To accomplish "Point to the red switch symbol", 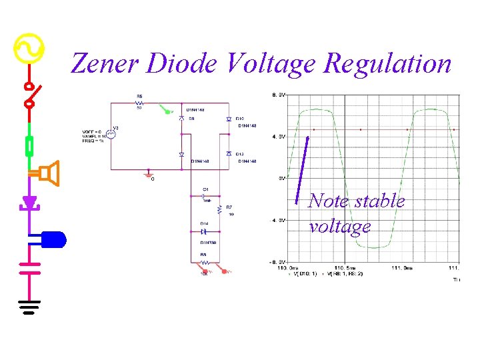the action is (29, 95).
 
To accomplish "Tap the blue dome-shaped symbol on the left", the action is (53, 239).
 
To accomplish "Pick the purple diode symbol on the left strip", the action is (29, 201).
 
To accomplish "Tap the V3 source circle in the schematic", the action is (112, 133).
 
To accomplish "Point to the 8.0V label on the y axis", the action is (279, 95).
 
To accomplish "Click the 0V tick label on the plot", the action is (281, 178).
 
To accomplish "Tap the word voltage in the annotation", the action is (339, 227).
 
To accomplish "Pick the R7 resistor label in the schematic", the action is (229, 207).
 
